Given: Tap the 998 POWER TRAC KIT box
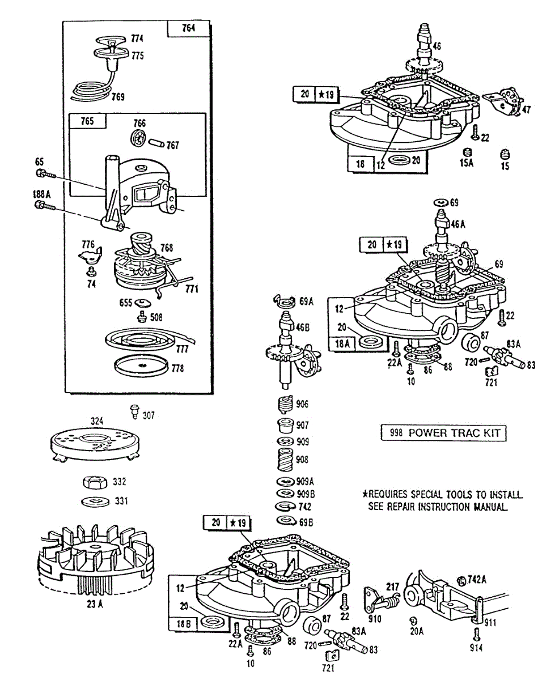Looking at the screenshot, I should click(x=442, y=433).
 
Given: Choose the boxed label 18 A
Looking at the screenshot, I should click(x=343, y=343).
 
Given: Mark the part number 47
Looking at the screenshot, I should click(x=527, y=109).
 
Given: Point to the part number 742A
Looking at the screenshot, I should click(x=477, y=579).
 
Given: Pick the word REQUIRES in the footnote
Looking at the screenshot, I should click(x=388, y=494).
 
